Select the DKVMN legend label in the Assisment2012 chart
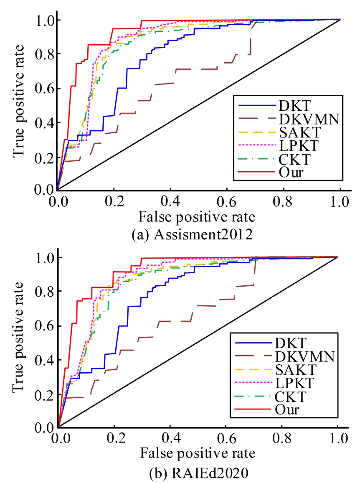coord(306,119)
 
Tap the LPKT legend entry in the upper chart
coord(294,146)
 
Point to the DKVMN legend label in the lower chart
coord(305,356)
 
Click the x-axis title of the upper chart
coord(198,216)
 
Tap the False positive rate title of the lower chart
coord(198,452)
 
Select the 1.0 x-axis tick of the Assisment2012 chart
coord(339,201)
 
